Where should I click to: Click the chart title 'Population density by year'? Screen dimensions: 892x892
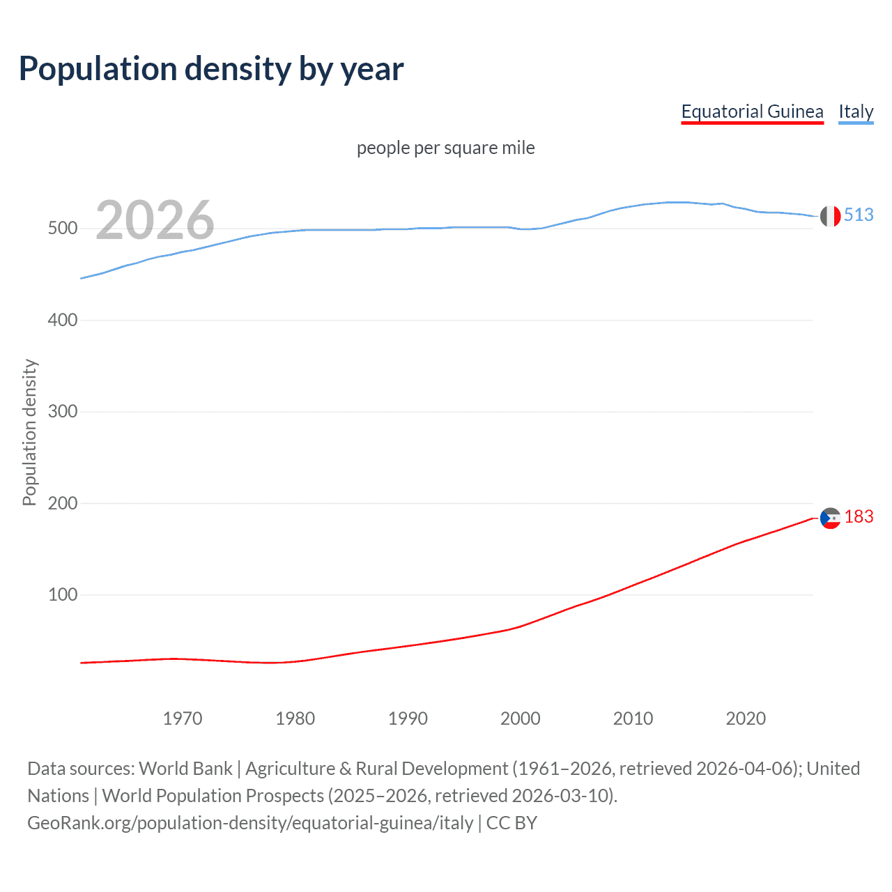[211, 69]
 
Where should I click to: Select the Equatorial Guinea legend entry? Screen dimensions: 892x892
[752, 111]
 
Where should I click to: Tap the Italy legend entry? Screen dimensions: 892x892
[856, 111]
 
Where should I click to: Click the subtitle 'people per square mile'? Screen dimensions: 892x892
[446, 148]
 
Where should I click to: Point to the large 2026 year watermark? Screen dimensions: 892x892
[155, 220]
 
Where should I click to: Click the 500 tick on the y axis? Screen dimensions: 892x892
[63, 229]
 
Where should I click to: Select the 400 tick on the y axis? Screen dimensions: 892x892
[63, 321]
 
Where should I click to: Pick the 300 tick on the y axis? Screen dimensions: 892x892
[63, 412]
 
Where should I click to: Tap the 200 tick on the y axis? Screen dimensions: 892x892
[63, 503]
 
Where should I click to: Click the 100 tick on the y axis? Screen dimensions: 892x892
[63, 595]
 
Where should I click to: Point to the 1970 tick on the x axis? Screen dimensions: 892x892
[183, 718]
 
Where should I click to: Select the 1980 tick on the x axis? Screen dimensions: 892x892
[295, 718]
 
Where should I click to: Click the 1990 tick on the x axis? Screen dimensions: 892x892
[408, 718]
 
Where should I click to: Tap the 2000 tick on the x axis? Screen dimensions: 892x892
[521, 718]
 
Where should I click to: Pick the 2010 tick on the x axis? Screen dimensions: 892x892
[633, 718]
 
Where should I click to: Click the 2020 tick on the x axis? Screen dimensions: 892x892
[746, 718]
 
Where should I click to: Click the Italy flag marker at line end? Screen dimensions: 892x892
[830, 216]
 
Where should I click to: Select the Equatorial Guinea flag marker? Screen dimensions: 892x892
[830, 518]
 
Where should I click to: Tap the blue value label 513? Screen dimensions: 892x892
[859, 215]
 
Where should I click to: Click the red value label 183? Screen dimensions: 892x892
[859, 516]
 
